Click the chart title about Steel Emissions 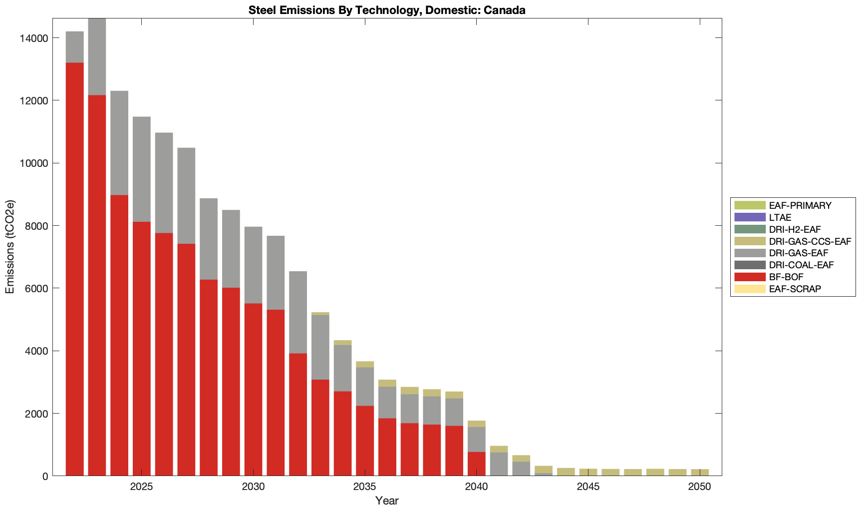pos(387,10)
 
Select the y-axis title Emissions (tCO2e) pos(10,247)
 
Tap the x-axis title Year pos(387,501)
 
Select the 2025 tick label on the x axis pos(142,487)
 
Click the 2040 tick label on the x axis pos(477,487)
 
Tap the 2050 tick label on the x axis pos(699,487)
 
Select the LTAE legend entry pos(780,218)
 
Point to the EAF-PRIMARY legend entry pos(800,206)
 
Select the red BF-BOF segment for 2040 pos(477,464)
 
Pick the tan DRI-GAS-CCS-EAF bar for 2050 pos(699,473)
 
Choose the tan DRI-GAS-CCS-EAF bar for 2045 pos(588,472)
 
